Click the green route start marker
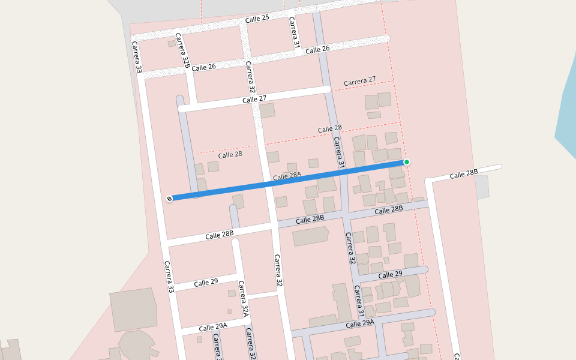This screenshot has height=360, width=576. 407,162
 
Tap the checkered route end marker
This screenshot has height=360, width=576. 170,199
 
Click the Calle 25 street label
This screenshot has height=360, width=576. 257,20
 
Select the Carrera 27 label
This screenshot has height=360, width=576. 359,81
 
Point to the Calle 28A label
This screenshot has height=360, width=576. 286,177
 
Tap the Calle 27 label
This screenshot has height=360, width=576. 254,100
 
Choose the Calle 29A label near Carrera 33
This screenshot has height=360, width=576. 213,327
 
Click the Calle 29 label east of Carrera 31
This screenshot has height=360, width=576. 390,275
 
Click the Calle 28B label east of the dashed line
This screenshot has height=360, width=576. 464,174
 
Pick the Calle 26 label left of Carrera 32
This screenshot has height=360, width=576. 203,67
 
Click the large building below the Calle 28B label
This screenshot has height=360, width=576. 310,236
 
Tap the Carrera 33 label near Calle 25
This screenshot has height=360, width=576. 137,58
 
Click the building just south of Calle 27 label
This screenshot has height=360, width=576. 267,110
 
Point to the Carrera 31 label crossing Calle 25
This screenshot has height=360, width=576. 294,32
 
